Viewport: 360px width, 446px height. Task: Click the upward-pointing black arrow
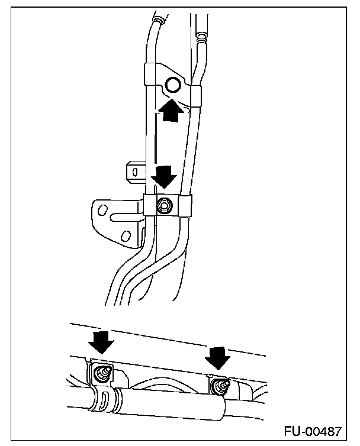(x=171, y=111)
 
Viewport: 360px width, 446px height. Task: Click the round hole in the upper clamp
(x=174, y=86)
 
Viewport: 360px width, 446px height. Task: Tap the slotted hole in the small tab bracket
(x=136, y=172)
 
